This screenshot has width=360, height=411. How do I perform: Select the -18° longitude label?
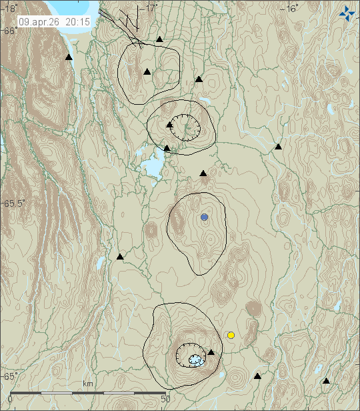pos(9,8)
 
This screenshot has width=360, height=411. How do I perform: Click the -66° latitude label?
pos(9,31)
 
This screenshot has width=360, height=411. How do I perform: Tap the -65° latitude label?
pos(9,376)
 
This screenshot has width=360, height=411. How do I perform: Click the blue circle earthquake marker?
pos(204,218)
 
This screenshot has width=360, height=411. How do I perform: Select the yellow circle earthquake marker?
pos(231,335)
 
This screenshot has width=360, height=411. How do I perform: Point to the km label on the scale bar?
pos(87,384)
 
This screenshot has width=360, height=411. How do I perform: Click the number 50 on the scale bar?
pos(166,399)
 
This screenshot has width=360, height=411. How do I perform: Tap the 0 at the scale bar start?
pos(9,399)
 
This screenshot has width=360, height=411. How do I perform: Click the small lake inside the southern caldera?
pos(195,360)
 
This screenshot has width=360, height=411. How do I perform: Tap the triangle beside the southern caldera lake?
pos(211,352)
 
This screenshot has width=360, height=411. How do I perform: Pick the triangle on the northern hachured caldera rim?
pos(170,124)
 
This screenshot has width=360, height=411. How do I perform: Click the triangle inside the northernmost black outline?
pos(147,71)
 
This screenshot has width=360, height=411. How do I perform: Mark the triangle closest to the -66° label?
pos(69,58)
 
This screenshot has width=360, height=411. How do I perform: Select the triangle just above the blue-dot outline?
pos(203,173)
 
